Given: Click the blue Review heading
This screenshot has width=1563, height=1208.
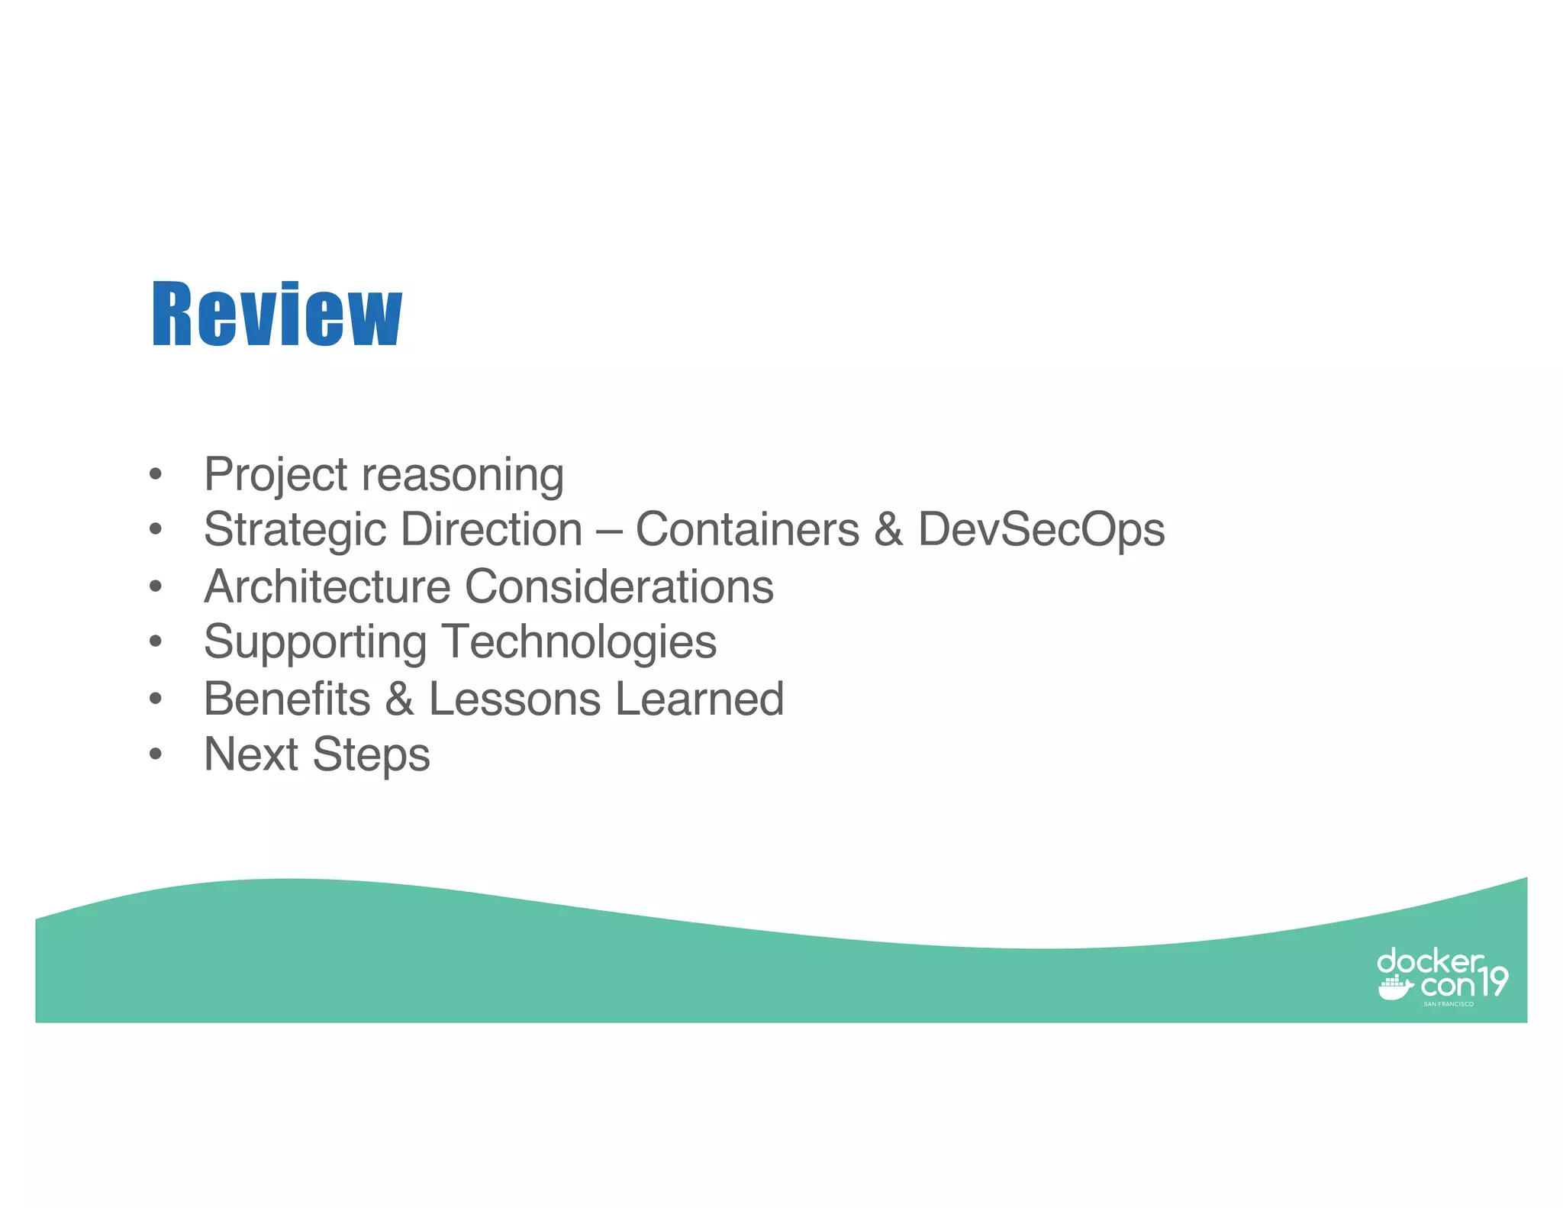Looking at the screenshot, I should coord(276,314).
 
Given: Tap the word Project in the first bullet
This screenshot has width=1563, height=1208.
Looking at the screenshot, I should coord(276,475).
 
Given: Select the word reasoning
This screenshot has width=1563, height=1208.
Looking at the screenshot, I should coord(462,476).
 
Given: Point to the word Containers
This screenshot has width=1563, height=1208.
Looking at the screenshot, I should coord(747,529).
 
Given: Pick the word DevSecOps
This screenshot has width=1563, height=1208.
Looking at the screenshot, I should coord(1041,529).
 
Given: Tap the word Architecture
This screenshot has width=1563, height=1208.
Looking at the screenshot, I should coord(327,586).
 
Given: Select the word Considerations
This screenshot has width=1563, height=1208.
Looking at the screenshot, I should coord(619,586).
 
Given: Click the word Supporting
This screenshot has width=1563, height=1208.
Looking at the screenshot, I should coord(315,643).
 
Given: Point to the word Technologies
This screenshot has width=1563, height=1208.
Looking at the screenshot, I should coord(579,641).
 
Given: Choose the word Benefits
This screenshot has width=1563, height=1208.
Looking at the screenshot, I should coord(287,699).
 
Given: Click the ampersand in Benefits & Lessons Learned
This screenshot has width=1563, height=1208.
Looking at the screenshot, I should coord(399,699).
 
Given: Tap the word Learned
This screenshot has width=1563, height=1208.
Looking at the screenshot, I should coord(699,699).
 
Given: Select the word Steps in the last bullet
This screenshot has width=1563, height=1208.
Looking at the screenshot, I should coord(371,756).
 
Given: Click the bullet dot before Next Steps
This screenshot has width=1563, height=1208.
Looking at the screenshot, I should coord(156,754).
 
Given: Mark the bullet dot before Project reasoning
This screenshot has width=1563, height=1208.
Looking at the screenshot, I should coord(156,474).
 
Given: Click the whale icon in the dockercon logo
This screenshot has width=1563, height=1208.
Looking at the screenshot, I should coord(1394,989).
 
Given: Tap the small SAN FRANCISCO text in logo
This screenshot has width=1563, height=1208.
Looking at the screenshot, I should coord(1448,1004).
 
